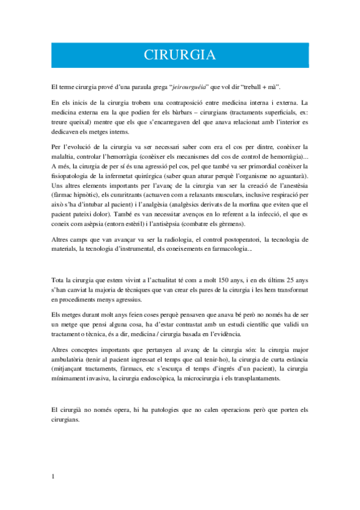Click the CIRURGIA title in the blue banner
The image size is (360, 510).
180,55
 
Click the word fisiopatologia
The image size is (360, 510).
72,176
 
